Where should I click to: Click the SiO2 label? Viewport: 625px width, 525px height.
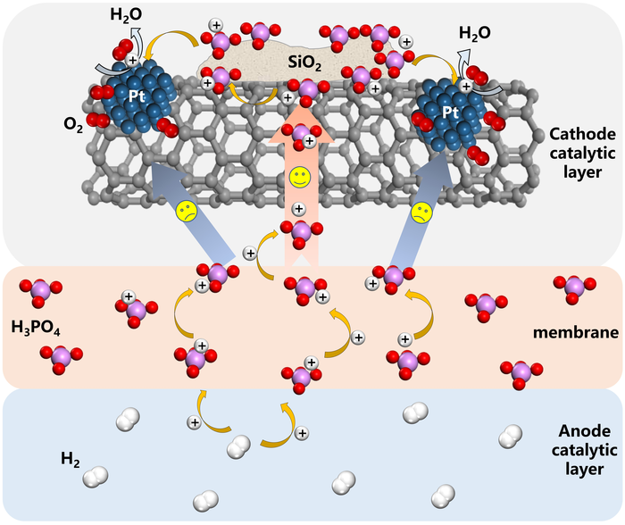[304, 62]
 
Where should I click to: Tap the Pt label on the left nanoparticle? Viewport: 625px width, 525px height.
[137, 96]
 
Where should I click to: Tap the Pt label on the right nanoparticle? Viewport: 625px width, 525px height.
[451, 112]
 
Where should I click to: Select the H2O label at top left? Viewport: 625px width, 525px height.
[126, 15]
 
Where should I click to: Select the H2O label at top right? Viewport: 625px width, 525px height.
[475, 33]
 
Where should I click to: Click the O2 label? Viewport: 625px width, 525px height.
[73, 124]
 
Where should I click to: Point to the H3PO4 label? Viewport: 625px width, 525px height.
[36, 328]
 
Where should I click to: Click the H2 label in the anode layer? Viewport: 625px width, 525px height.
[71, 459]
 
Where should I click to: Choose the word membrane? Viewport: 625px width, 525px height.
[576, 332]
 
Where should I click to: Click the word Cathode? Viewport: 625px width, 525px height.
[582, 134]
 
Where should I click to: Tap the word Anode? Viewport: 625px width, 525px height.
[584, 431]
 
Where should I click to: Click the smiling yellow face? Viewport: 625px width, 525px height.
[300, 178]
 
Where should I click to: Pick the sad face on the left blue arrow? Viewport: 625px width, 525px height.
[187, 211]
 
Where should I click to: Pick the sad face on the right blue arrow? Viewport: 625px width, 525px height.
[422, 212]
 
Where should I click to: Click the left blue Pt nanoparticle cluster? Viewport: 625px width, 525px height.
[137, 96]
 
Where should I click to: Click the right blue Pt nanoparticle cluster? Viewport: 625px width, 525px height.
[451, 113]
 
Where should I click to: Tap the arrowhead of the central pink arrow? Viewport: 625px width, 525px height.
[302, 122]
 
